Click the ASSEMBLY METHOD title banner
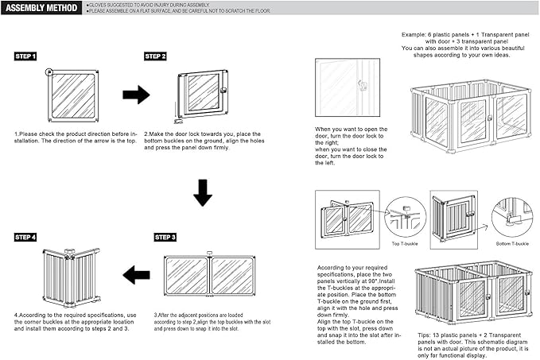point(41,9)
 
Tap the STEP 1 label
point(25,57)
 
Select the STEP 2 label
point(155,57)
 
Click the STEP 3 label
point(165,238)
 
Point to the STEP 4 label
point(25,238)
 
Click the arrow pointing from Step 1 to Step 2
point(136,95)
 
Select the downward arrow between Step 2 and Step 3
point(203,193)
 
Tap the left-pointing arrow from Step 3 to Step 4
point(136,276)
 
